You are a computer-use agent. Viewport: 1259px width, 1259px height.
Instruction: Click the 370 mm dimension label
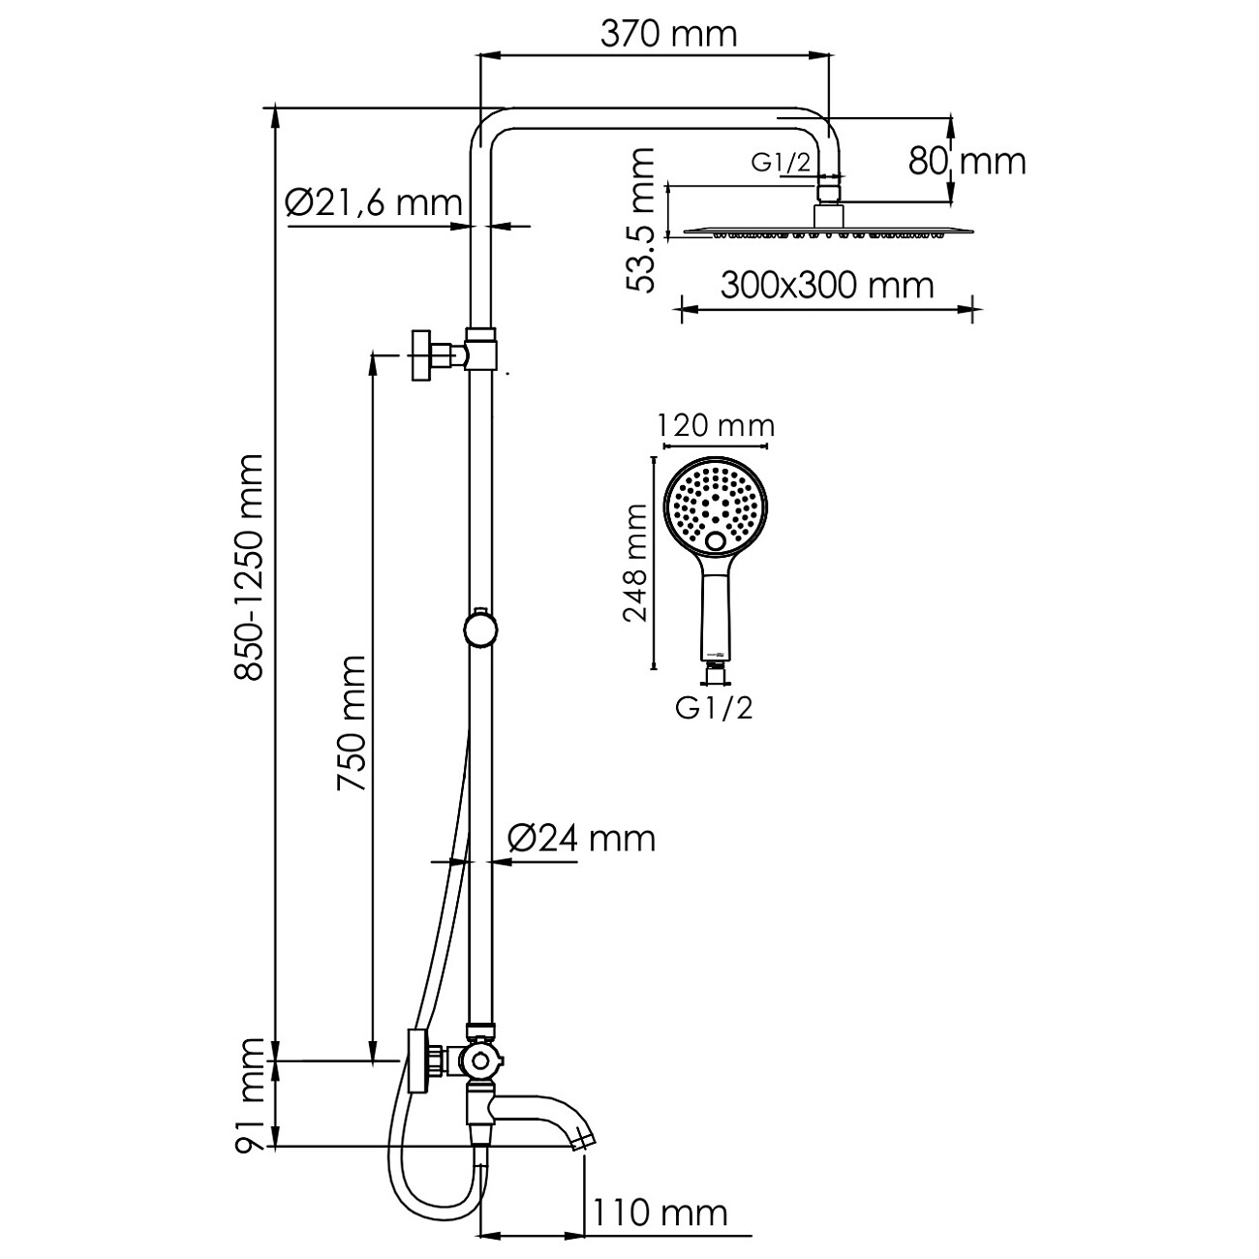pos(668,35)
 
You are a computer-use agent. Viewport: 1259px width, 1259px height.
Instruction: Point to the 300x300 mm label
pos(827,285)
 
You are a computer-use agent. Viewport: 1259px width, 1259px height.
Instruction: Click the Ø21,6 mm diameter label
pos(373,203)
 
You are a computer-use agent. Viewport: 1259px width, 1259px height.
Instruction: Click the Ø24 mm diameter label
pos(581,838)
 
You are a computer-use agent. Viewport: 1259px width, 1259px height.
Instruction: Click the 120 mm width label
pos(716,425)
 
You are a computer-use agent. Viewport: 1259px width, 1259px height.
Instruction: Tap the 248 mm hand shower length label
pos(635,563)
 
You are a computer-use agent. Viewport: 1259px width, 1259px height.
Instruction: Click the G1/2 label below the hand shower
pos(715,709)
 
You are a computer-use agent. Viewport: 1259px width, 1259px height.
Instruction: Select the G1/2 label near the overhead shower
pos(781,163)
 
